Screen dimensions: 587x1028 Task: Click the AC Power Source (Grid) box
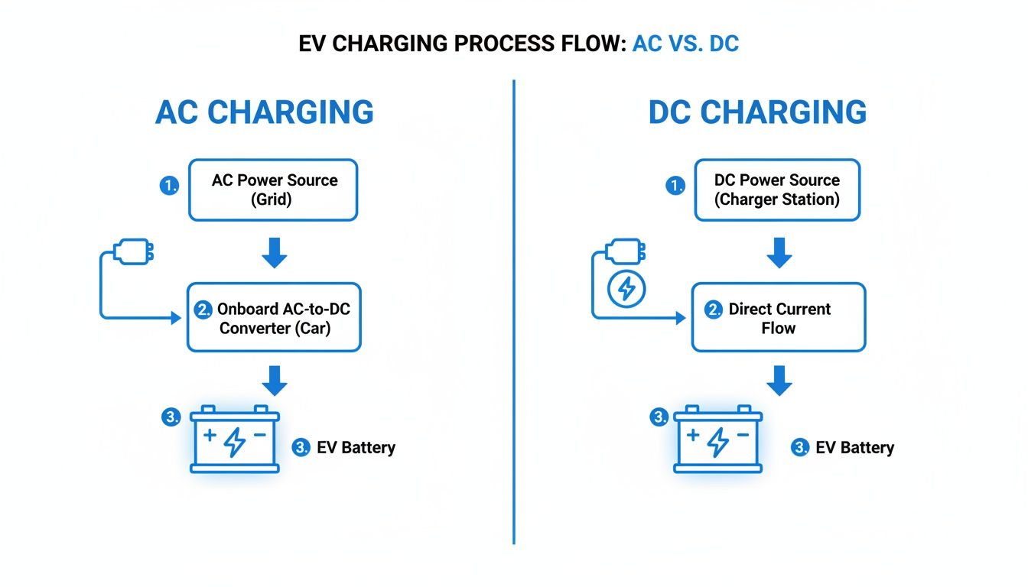point(274,190)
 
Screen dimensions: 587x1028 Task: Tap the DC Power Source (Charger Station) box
point(777,190)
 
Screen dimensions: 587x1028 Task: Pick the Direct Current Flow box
point(779,318)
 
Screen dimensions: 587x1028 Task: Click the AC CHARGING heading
point(265,112)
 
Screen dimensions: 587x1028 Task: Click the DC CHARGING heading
point(757,112)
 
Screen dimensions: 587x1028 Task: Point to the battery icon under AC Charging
point(235,440)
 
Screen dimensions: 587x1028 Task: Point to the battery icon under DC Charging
point(717,440)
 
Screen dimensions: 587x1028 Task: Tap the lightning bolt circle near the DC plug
point(626,289)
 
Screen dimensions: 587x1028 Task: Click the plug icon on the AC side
point(133,251)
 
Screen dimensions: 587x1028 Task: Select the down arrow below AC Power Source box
point(274,252)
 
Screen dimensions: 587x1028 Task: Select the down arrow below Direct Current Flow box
point(779,380)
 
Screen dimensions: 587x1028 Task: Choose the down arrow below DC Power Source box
point(779,252)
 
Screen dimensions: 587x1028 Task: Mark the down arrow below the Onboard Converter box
point(274,380)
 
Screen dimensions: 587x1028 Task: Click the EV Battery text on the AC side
point(356,448)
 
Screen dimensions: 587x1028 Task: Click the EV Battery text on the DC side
point(854,448)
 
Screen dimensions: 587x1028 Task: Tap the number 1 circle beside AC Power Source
point(168,186)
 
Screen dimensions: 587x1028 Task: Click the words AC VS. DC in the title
point(685,44)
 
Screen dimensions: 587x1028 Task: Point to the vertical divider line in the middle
point(514,306)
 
